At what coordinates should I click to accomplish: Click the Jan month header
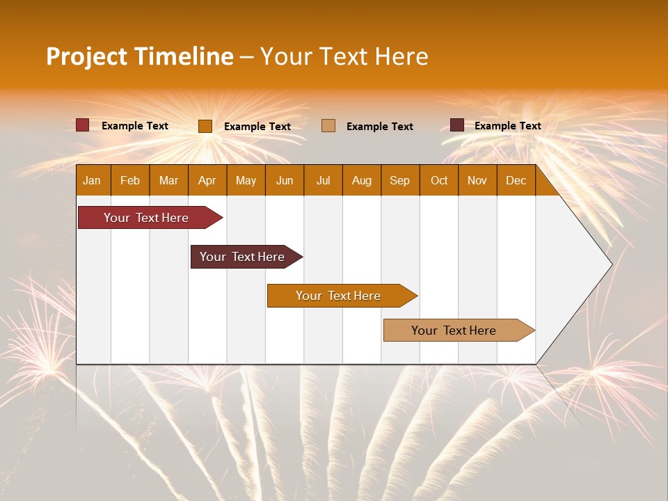[92, 180]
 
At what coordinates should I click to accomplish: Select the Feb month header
[130, 180]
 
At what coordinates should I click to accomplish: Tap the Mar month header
[168, 180]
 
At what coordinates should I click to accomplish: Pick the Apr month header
[207, 180]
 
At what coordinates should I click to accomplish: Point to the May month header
[246, 180]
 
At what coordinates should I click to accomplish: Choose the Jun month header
[285, 180]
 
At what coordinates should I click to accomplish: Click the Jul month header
[323, 180]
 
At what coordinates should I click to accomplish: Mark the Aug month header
[361, 180]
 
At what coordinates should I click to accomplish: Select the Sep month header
[399, 180]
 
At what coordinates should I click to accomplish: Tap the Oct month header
[439, 180]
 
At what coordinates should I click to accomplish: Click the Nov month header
[477, 180]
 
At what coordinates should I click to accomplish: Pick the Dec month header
[516, 180]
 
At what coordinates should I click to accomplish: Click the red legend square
[82, 125]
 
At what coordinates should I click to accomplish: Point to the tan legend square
[328, 125]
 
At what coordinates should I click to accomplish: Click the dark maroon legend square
[457, 125]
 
